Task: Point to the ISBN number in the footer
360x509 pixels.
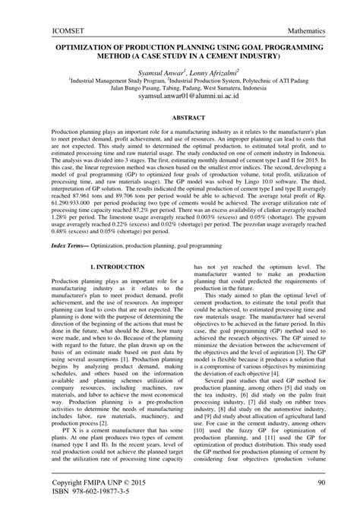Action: tap(79, 495)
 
